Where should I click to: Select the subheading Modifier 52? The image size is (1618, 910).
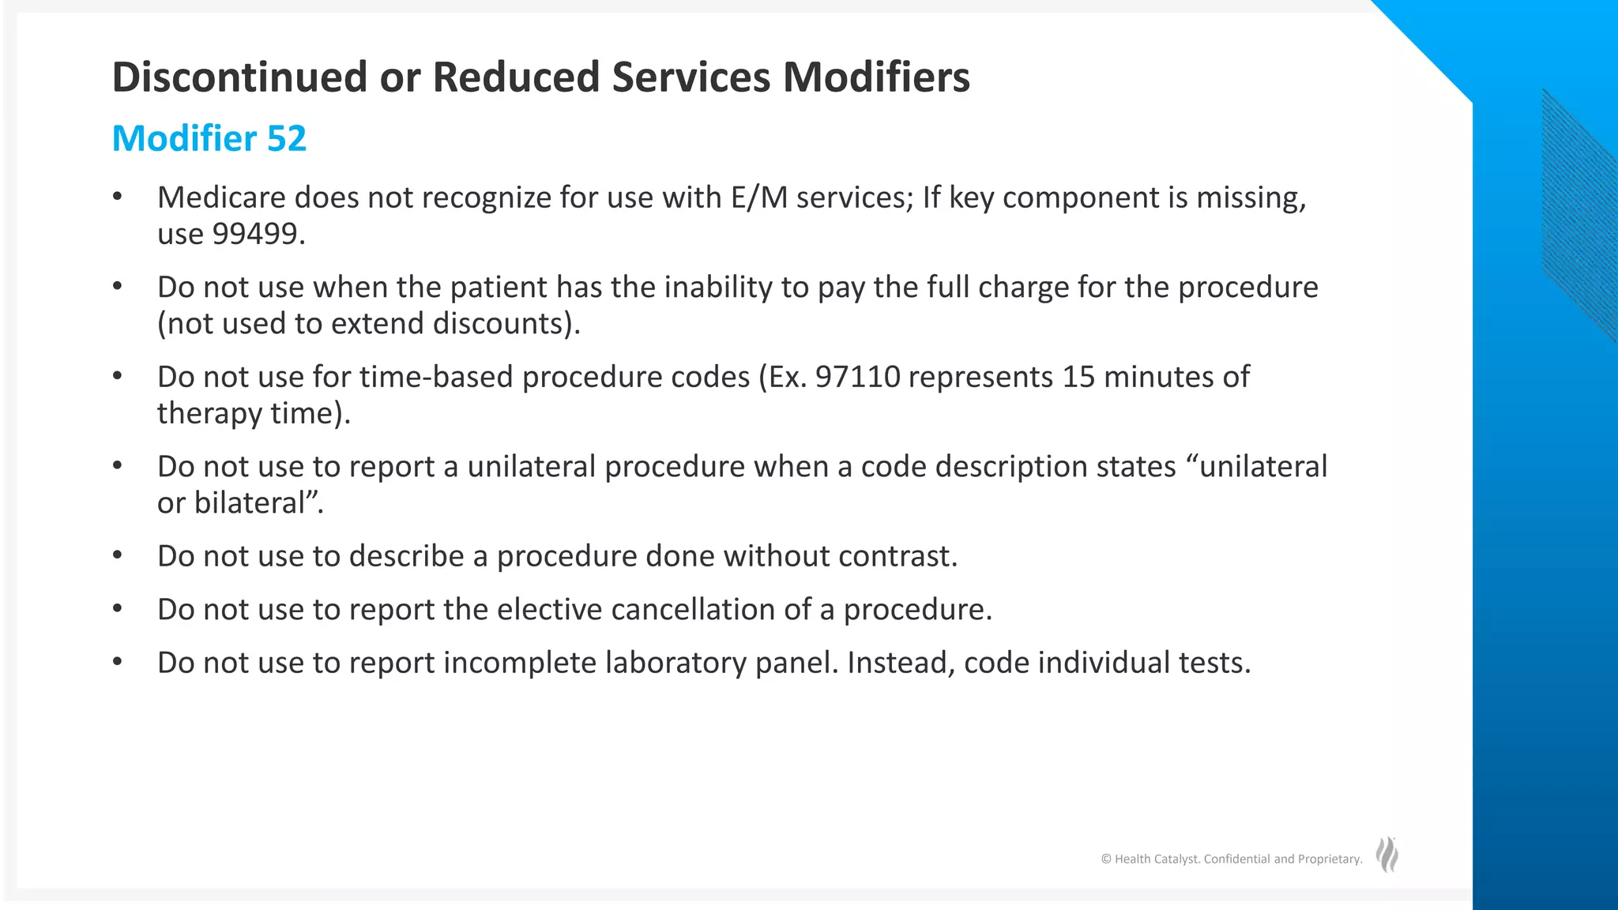[209, 139]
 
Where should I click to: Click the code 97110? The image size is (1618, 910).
[857, 377]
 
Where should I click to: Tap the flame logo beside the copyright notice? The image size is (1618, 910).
[1387, 855]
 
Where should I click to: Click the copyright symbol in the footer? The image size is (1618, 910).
[1106, 859]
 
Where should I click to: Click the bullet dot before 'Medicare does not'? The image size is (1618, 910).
[118, 197]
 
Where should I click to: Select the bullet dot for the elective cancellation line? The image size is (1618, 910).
[118, 609]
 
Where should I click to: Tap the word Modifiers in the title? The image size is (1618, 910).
[876, 77]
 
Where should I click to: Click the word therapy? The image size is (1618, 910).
[209, 414]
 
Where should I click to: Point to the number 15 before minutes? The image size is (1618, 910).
[1078, 377]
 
